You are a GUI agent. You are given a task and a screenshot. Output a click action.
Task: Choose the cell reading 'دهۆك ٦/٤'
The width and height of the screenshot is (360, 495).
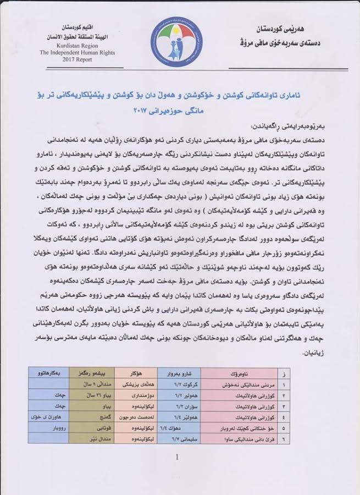click(184, 429)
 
